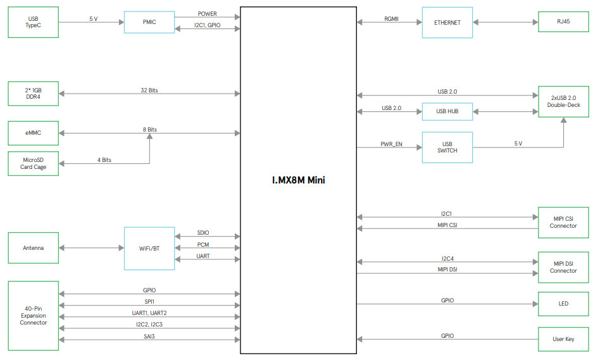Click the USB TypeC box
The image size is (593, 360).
pyautogui.click(x=33, y=22)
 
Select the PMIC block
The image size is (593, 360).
pyautogui.click(x=149, y=22)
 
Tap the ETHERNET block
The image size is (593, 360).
pyautogui.click(x=447, y=22)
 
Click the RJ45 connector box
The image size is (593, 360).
pyautogui.click(x=563, y=22)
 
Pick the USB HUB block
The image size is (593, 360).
pyautogui.click(x=447, y=111)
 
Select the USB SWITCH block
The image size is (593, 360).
pyautogui.click(x=447, y=147)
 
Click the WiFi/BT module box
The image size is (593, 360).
pyautogui.click(x=149, y=248)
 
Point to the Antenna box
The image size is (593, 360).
pyautogui.click(x=33, y=248)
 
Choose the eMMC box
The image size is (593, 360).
pyautogui.click(x=33, y=133)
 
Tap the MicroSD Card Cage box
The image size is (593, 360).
pyautogui.click(x=33, y=163)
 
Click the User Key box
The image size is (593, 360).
pyautogui.click(x=563, y=339)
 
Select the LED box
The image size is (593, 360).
pyautogui.click(x=563, y=304)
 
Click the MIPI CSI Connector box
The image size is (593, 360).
pyautogui.click(x=563, y=222)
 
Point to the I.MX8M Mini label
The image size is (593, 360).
pyautogui.click(x=298, y=180)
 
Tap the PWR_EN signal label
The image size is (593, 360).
pyautogui.click(x=391, y=144)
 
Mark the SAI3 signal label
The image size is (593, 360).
pyautogui.click(x=149, y=336)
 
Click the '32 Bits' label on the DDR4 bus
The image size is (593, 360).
pyautogui.click(x=149, y=90)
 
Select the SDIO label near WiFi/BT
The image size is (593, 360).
pyautogui.click(x=203, y=233)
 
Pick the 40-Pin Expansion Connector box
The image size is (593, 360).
pyautogui.click(x=33, y=316)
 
